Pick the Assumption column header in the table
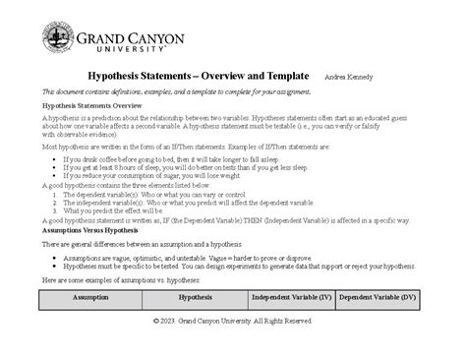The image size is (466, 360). pos(90,295)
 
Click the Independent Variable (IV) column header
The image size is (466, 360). pos(292,295)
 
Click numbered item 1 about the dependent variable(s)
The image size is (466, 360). pos(147,194)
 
